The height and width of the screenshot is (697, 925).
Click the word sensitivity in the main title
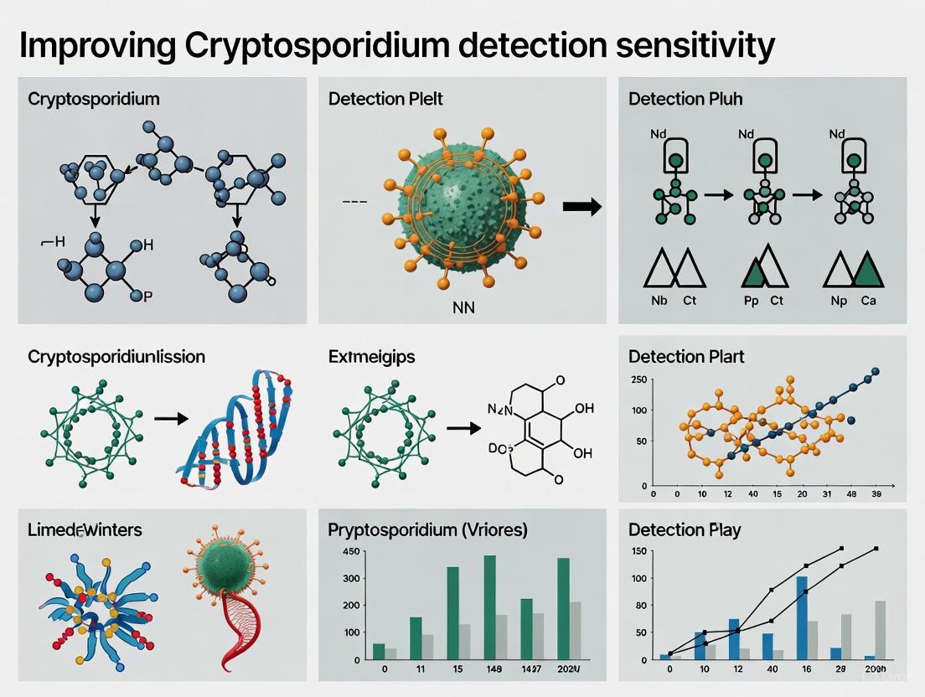pos(678,46)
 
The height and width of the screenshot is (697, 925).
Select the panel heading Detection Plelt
pos(385,99)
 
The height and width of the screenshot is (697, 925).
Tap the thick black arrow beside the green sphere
pos(581,207)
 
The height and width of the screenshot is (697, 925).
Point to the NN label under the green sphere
pos(462,307)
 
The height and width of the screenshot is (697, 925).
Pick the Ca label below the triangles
pos(867,300)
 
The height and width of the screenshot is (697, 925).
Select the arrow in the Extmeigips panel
pos(463,427)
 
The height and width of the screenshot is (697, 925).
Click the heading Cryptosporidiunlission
pos(116,356)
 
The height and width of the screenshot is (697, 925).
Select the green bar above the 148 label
pos(490,607)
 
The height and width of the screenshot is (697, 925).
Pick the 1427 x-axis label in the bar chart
pos(526,670)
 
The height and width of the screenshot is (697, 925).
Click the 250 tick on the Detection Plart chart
pos(638,379)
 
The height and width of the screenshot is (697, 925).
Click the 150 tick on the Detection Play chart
pos(638,550)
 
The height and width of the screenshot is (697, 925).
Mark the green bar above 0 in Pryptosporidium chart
pos(379,651)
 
